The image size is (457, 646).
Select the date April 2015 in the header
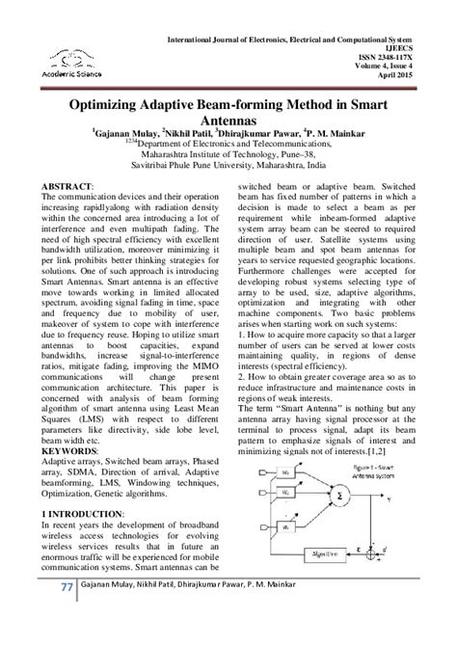click(417, 76)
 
